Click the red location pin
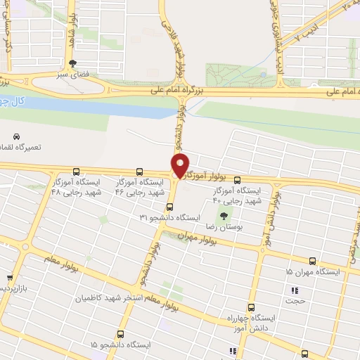pos(181,165)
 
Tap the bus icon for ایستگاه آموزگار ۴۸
pos(76,172)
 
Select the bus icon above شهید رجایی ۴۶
pos(139,172)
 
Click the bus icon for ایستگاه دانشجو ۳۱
pos(169,207)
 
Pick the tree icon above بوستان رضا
pos(224,216)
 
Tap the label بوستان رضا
pos(224,227)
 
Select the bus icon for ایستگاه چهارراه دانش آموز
pos(251,307)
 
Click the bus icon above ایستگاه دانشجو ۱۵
pos(120,334)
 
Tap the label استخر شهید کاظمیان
pos(134,299)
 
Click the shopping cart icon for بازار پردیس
pos(8,278)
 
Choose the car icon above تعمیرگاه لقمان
pos(16,136)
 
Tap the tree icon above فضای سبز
pos(72,63)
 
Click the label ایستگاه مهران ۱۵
pos(313,271)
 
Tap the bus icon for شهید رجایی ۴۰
pos(237,179)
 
